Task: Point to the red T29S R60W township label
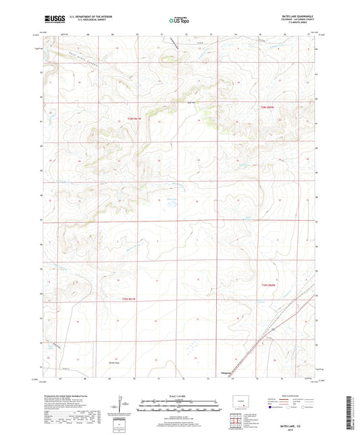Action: tap(268, 286)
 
